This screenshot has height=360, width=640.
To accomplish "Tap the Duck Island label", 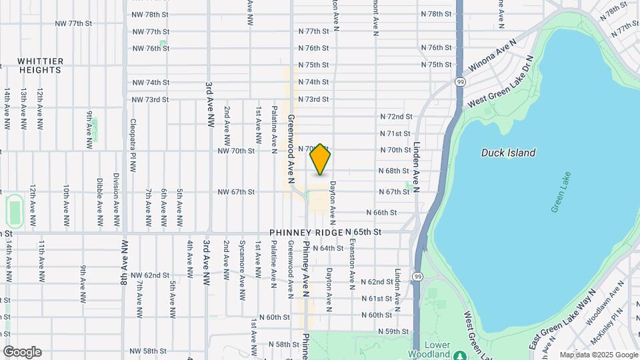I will point(508,153).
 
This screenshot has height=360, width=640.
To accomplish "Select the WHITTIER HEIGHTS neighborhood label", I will point(41,65).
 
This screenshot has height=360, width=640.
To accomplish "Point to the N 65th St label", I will point(363,232).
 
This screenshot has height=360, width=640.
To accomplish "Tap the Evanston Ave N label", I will point(351,262).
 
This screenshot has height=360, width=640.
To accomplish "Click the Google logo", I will point(21,352).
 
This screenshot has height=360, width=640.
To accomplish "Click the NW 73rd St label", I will point(151,99).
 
